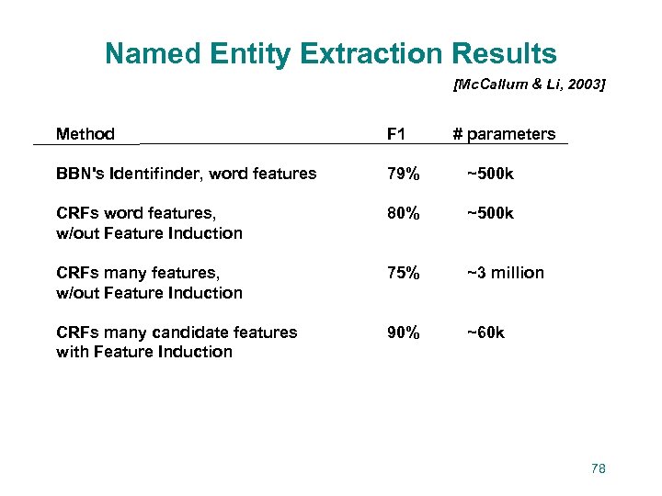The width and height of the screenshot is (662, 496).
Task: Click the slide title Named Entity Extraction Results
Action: click(x=331, y=53)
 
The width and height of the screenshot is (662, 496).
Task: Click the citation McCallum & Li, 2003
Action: click(x=529, y=85)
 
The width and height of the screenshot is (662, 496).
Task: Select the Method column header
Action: click(x=85, y=134)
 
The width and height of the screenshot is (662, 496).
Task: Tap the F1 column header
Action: click(x=396, y=134)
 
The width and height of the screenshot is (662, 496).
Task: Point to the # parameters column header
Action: click(x=504, y=134)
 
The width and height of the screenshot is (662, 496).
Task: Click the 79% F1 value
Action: click(x=403, y=174)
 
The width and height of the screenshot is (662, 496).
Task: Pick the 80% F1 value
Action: click(x=403, y=213)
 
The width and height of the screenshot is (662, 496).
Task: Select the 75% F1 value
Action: click(x=403, y=273)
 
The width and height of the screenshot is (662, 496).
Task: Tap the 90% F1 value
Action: click(x=403, y=333)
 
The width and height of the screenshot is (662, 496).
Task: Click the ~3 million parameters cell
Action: click(x=505, y=273)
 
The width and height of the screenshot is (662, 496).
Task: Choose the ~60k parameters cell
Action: click(x=485, y=333)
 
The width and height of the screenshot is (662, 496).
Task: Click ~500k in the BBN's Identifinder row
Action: click(x=490, y=174)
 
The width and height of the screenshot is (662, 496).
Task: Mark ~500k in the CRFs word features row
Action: click(x=490, y=213)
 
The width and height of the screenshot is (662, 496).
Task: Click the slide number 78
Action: click(x=599, y=468)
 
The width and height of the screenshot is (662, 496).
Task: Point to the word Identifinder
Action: click(x=150, y=174)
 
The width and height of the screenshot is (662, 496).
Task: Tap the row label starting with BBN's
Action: click(x=186, y=174)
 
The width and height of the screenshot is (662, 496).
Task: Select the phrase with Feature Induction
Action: click(x=144, y=352)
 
